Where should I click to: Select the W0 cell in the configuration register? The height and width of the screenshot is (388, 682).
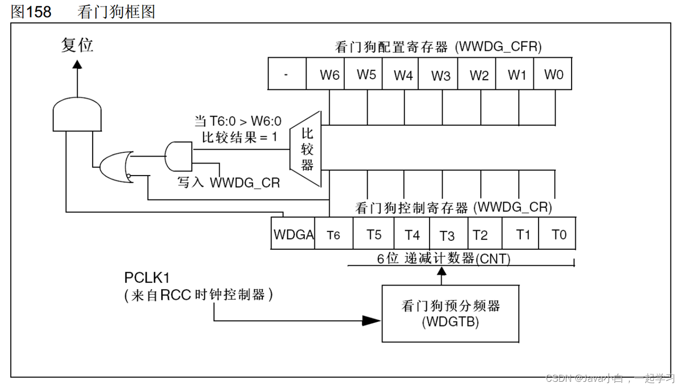pyautogui.click(x=553, y=74)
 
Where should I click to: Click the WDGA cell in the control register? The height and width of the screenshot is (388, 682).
pyautogui.click(x=293, y=235)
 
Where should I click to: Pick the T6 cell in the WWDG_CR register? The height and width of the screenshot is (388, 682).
pyautogui.click(x=334, y=235)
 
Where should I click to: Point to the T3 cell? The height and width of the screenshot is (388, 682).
pyautogui.click(x=447, y=235)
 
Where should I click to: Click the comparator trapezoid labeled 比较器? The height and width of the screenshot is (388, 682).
pyautogui.click(x=307, y=149)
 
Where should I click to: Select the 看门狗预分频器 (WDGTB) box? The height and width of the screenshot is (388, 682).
pyautogui.click(x=450, y=313)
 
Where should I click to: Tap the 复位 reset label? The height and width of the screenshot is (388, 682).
pyautogui.click(x=77, y=46)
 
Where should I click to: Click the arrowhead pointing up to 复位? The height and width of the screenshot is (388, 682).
pyautogui.click(x=77, y=64)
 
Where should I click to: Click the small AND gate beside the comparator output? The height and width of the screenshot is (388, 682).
pyautogui.click(x=178, y=156)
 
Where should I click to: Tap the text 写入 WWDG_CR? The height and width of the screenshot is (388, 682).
pyautogui.click(x=229, y=182)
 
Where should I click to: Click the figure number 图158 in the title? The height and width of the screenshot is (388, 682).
pyautogui.click(x=31, y=11)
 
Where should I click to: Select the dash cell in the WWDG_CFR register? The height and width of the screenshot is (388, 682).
pyautogui.click(x=287, y=74)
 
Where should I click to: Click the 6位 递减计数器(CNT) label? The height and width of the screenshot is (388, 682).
pyautogui.click(x=444, y=258)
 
